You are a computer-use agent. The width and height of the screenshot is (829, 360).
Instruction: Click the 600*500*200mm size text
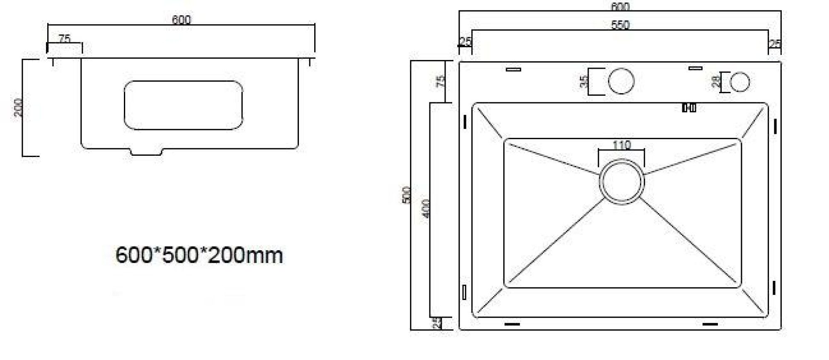tap(199, 255)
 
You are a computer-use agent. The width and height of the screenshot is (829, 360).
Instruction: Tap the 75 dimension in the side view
tap(64, 39)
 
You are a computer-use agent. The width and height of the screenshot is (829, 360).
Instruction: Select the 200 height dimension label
tap(18, 107)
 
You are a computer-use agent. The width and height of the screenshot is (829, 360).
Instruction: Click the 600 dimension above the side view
tap(181, 19)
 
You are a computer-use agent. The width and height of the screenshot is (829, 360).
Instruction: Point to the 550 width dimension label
tap(620, 25)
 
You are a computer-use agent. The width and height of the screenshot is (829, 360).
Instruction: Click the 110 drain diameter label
tap(621, 145)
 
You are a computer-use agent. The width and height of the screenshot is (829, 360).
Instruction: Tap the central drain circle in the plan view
tap(621, 182)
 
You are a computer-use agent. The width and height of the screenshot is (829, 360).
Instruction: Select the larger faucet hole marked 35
tap(621, 81)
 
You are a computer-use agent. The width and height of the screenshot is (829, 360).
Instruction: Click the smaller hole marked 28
tap(739, 82)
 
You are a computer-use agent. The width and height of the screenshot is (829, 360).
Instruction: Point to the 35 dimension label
tap(584, 81)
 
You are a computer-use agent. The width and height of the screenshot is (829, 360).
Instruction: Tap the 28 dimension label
tap(716, 82)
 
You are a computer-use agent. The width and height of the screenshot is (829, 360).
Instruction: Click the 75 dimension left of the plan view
tap(441, 81)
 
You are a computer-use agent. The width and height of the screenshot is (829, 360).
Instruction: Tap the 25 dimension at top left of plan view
tap(465, 41)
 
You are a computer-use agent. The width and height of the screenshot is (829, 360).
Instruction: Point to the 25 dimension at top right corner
tap(774, 43)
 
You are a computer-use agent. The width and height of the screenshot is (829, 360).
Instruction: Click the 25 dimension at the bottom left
tap(437, 324)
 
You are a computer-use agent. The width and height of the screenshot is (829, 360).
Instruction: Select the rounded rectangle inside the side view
tap(183, 105)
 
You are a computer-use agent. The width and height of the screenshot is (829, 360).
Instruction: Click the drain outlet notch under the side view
tap(146, 152)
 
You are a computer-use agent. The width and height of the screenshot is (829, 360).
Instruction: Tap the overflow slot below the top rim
tap(689, 108)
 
